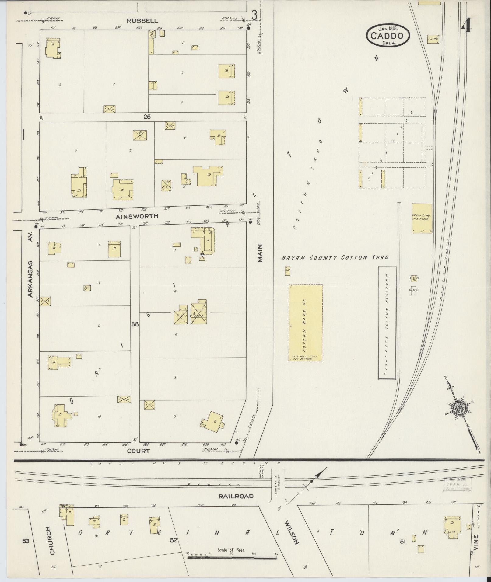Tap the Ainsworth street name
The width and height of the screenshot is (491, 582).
(137, 216)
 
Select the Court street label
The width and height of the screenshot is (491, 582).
(139, 451)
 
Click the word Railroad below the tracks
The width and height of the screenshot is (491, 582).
(236, 496)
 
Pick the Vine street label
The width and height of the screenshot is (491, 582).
(476, 543)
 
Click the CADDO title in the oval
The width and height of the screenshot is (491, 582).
(387, 36)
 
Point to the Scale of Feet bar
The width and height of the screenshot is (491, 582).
(231, 558)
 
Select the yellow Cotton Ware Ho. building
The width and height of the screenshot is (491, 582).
(305, 323)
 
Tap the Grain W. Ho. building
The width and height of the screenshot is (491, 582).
(422, 218)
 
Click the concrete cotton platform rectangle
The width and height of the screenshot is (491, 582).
(387, 323)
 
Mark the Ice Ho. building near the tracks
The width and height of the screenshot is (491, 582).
(433, 39)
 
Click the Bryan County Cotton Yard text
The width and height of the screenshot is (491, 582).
(335, 258)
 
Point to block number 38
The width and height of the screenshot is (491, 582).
(135, 324)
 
